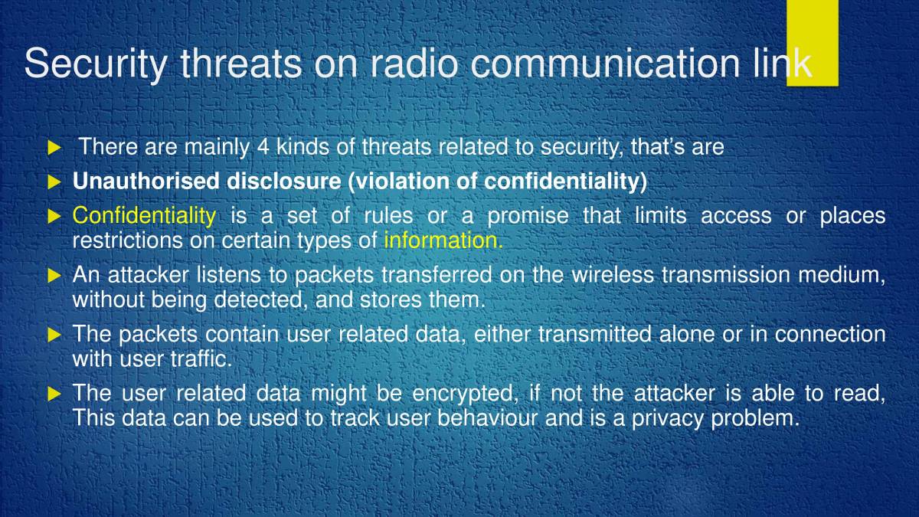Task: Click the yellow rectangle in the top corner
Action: click(x=812, y=42)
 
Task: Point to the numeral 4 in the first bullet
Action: click(x=263, y=146)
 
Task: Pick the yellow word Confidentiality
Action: click(x=144, y=216)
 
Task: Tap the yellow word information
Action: click(x=443, y=241)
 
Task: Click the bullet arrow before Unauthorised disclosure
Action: click(x=54, y=182)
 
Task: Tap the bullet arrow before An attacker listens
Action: click(x=54, y=275)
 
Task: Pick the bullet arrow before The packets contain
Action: click(x=54, y=335)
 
